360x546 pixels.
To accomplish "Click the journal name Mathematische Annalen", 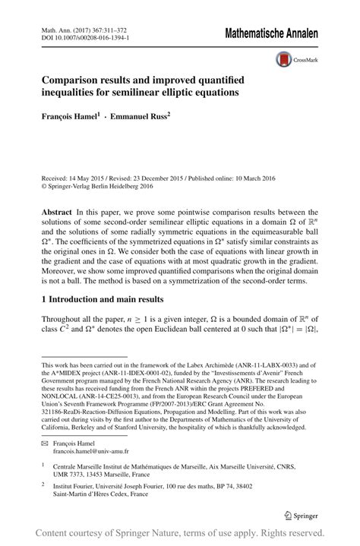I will [x=270, y=33].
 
